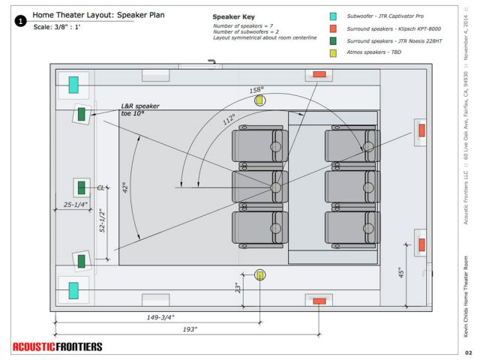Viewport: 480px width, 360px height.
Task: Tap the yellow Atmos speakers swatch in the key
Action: pos(332,55)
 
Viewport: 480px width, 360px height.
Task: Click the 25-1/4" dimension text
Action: pos(76,204)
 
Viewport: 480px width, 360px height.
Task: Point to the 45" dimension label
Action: pos(401,271)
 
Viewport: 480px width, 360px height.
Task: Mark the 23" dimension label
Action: pos(238,286)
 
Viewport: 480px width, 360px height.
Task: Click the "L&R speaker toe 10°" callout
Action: pos(145,110)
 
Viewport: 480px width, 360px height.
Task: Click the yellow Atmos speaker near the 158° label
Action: pos(259,100)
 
